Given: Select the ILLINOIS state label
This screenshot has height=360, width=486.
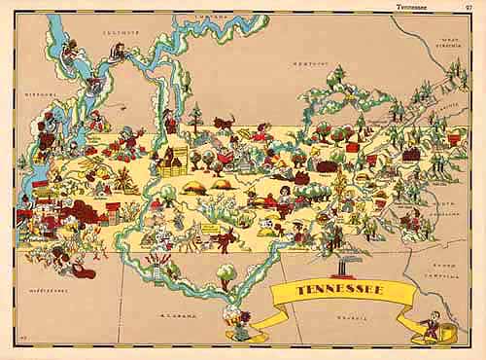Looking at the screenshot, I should [123, 32].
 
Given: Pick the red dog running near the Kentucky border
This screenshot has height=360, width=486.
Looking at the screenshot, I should [226, 124].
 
